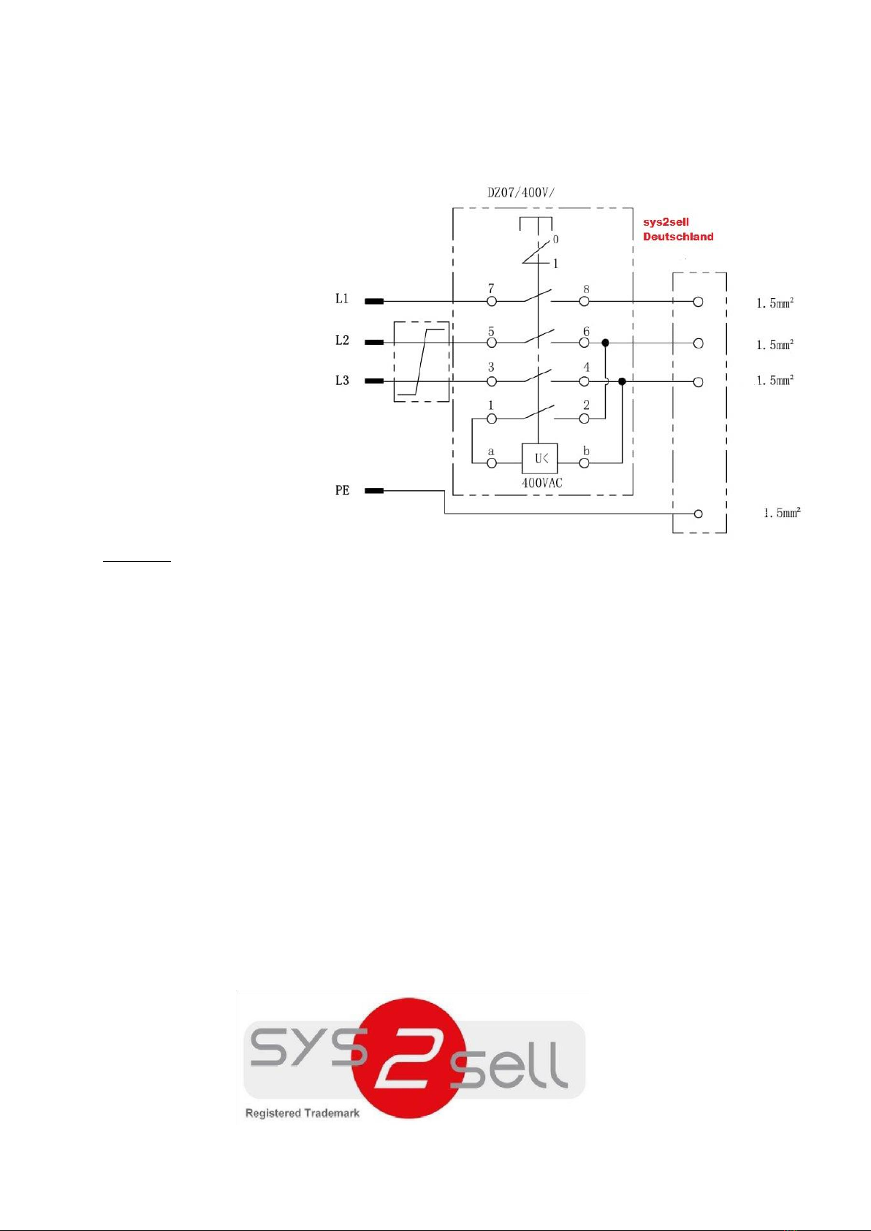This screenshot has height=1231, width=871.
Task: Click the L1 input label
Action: pos(342,298)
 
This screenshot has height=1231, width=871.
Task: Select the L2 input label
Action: pos(342,340)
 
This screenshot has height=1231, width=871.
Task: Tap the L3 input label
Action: pos(342,381)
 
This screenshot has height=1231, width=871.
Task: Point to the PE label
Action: pos(343,490)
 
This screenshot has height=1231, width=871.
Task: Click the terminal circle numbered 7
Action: pos(492,302)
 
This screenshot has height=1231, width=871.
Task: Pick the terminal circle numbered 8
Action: pos(584,302)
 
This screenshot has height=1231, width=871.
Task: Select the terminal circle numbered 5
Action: pos(492,343)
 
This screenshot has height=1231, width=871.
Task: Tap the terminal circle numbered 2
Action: pos(584,419)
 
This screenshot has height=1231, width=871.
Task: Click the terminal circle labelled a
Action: pos(492,463)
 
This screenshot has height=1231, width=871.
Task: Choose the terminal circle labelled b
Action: pos(584,463)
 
